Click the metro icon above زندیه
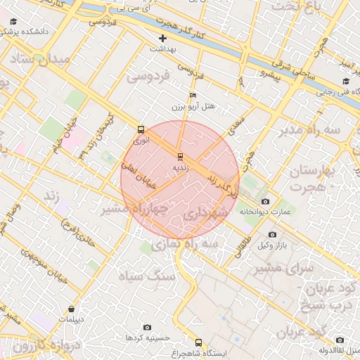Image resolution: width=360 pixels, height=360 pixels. (179, 156)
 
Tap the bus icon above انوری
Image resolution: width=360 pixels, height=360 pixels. (141, 129)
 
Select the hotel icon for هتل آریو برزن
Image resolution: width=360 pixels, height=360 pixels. (193, 96)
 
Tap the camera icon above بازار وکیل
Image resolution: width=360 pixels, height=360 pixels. (274, 234)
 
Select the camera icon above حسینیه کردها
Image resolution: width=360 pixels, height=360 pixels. (147, 327)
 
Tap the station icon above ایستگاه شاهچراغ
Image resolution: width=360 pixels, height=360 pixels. (198, 342)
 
